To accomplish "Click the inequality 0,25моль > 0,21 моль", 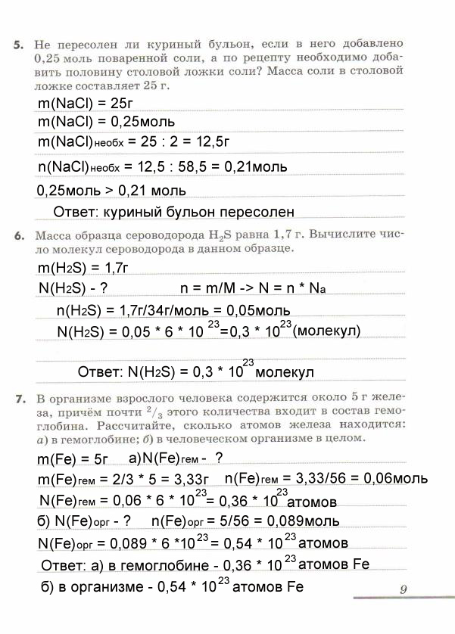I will point(111,191).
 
